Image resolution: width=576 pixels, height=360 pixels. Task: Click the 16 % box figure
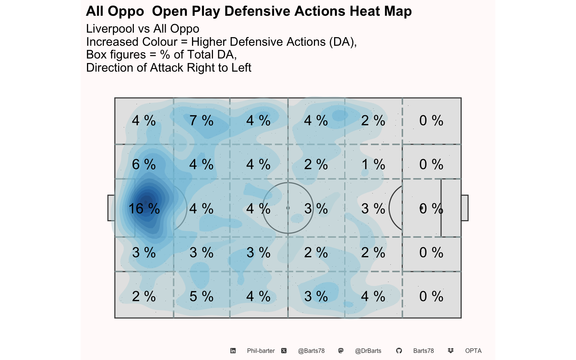coord(144,208)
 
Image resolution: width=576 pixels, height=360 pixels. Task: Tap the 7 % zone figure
coord(201,120)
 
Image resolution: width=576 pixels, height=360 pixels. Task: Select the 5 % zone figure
coord(201,296)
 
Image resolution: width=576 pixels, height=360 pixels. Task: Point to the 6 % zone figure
coord(144,164)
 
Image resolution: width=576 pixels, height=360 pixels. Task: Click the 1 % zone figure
coord(373,164)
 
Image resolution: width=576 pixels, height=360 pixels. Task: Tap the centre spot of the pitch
coord(288,208)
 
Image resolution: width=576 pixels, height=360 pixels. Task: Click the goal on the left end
coord(111,208)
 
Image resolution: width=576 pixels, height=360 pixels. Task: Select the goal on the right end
coord(465,208)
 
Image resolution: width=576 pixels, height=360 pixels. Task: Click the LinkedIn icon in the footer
coord(233,351)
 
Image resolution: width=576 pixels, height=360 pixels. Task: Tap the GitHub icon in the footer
coord(399,351)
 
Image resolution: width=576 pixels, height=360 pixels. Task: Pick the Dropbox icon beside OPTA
coord(450,351)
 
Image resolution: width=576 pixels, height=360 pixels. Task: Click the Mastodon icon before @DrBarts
coord(341,351)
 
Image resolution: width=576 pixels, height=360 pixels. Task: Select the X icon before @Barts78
coord(284,351)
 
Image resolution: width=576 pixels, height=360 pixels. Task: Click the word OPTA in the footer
coord(473,351)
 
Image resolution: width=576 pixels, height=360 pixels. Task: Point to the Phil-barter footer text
coord(261,351)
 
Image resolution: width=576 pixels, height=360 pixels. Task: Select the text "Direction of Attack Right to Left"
coord(169,67)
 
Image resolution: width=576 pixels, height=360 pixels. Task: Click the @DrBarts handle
coord(368,351)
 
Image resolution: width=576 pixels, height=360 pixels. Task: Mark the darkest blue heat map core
coord(147,202)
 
